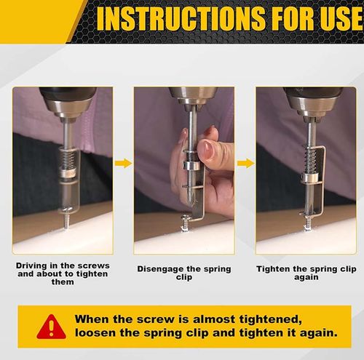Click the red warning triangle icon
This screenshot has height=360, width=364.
(51, 327)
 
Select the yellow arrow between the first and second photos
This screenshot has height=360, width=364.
(124, 163)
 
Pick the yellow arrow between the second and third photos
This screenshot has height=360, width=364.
(245, 163)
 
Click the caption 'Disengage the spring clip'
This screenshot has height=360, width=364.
(184, 273)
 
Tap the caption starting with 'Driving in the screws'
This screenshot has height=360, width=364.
(63, 273)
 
